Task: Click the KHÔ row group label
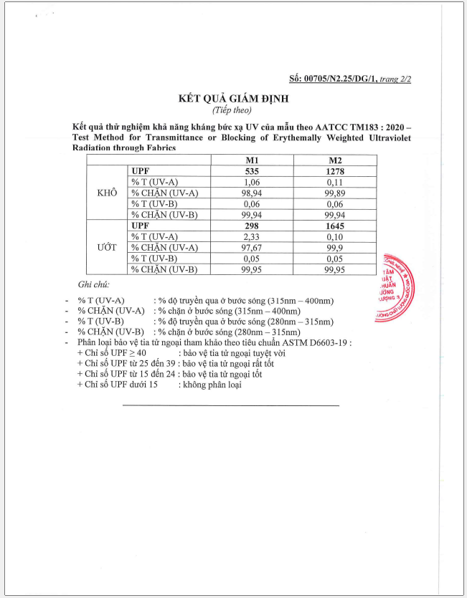[106, 193]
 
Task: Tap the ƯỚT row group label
[106, 248]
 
